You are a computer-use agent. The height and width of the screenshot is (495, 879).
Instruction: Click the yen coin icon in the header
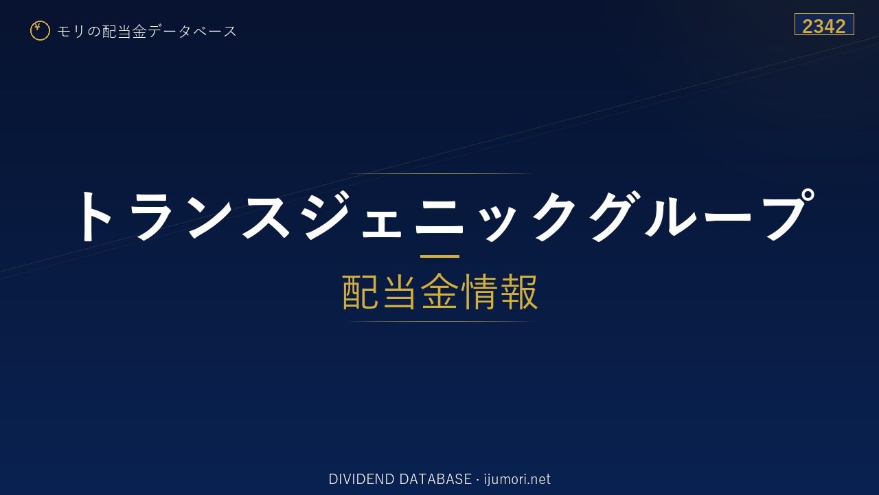coord(40,31)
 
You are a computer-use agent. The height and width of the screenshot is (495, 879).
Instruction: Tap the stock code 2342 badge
coord(824,24)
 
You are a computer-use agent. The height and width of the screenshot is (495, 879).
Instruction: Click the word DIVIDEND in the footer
coord(361,479)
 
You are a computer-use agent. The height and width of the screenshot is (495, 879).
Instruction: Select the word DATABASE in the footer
coord(435,479)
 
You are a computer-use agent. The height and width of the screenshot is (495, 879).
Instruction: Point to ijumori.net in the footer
coord(517,479)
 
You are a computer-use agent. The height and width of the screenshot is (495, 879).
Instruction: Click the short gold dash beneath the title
coord(439,256)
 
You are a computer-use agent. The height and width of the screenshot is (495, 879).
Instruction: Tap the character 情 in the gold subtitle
coord(479,291)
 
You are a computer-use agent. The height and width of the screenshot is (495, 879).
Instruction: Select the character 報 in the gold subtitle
coord(518,291)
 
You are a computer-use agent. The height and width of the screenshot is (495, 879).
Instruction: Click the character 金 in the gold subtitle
coord(439,291)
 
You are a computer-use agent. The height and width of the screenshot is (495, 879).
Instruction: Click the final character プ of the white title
coord(787,214)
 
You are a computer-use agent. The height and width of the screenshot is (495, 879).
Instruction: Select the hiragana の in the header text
coord(94,32)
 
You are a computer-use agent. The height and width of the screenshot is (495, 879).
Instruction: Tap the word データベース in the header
coord(192,32)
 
